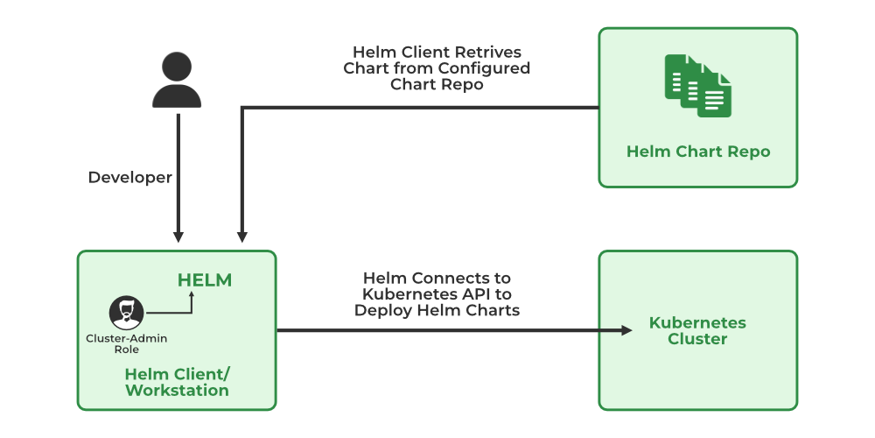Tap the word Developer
click(130, 177)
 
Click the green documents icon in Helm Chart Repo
click(697, 85)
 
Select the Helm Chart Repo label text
click(698, 152)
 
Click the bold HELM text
click(205, 280)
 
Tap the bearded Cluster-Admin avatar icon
click(127, 313)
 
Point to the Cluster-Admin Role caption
click(126, 343)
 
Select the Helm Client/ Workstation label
click(177, 382)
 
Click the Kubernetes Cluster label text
click(697, 330)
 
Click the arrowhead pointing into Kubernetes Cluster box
click(626, 330)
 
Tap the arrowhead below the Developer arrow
click(178, 237)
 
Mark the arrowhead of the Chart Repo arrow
click(242, 237)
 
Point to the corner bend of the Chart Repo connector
click(242, 108)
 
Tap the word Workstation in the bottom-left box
click(177, 391)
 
